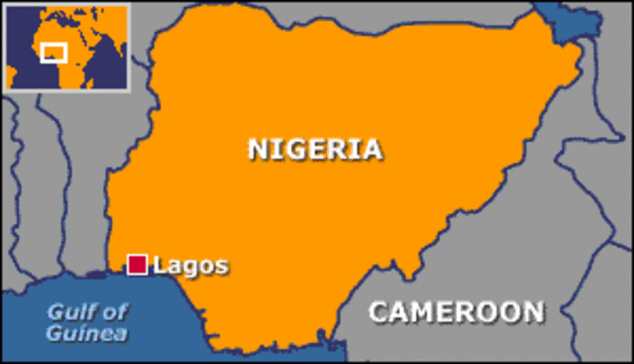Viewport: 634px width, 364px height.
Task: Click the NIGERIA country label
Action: [x=314, y=149]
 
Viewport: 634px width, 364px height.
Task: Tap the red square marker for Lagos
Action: [x=138, y=264]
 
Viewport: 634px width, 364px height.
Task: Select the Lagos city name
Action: [x=191, y=266]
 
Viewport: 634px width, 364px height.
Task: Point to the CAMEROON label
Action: [x=456, y=311]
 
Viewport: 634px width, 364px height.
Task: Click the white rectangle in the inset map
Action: [x=53, y=52]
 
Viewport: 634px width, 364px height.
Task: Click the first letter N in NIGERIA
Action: [x=258, y=149]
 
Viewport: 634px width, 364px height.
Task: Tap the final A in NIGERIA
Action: [x=370, y=149]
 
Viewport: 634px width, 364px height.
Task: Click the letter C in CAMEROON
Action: [x=378, y=311]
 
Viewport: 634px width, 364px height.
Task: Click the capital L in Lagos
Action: [x=160, y=265]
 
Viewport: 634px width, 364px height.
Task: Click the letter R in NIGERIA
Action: [x=337, y=149]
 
